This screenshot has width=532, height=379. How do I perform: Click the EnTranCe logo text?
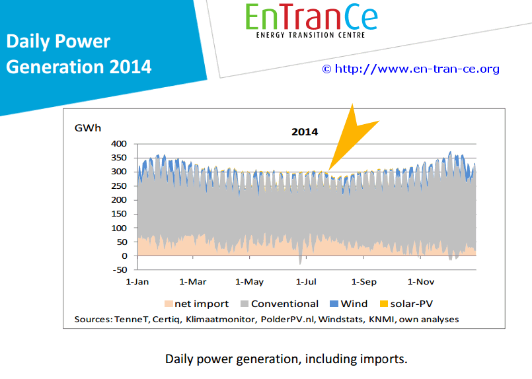tap(311, 17)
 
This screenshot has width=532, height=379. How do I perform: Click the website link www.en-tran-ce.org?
tap(417, 69)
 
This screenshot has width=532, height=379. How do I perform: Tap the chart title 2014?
tap(305, 132)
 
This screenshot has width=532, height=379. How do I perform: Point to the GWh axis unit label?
tap(88, 128)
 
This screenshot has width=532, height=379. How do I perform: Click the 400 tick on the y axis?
tap(119, 144)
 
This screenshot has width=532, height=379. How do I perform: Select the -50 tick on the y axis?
tap(119, 270)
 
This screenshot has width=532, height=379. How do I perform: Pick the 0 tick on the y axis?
tap(124, 256)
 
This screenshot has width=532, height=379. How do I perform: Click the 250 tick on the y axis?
tap(119, 186)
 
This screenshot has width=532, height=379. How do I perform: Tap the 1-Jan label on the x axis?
tap(137, 282)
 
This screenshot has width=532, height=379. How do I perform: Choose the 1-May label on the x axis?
tap(249, 282)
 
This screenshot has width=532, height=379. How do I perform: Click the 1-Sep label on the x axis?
tap(364, 282)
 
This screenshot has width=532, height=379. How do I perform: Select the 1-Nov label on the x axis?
tap(421, 282)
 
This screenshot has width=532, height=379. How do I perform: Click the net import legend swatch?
tap(169, 304)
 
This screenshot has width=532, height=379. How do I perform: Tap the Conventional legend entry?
tap(280, 304)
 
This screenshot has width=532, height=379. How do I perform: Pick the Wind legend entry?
tap(349, 304)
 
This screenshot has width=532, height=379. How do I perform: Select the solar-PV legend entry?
tap(406, 304)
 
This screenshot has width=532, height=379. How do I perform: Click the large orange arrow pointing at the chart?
tap(351, 137)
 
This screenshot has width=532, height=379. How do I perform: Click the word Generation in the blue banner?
tap(55, 67)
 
